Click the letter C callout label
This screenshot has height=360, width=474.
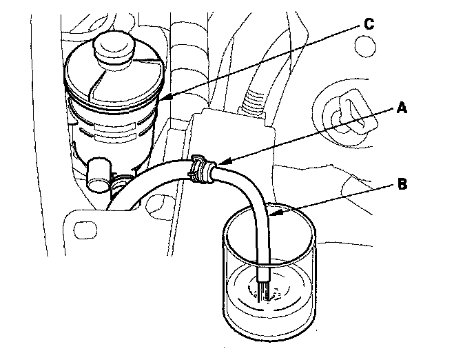pos(369,24)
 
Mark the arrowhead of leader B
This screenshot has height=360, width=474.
pos(269,214)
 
